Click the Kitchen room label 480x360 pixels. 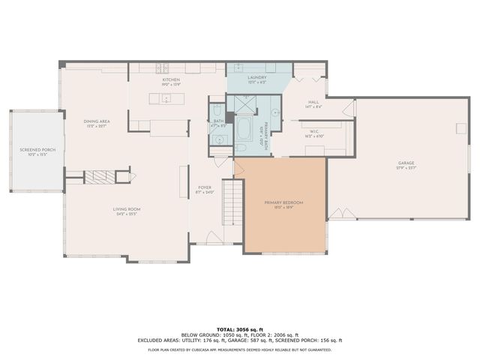pyautogui.click(x=171, y=79)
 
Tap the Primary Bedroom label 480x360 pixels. pyautogui.click(x=283, y=203)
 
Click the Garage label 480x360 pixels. pyautogui.click(x=406, y=164)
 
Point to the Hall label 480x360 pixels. pyautogui.click(x=313, y=103)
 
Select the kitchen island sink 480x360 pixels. pyautogui.click(x=166, y=98)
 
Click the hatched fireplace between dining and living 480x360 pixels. pyautogui.click(x=97, y=177)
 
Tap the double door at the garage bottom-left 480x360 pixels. pyautogui.click(x=342, y=214)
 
